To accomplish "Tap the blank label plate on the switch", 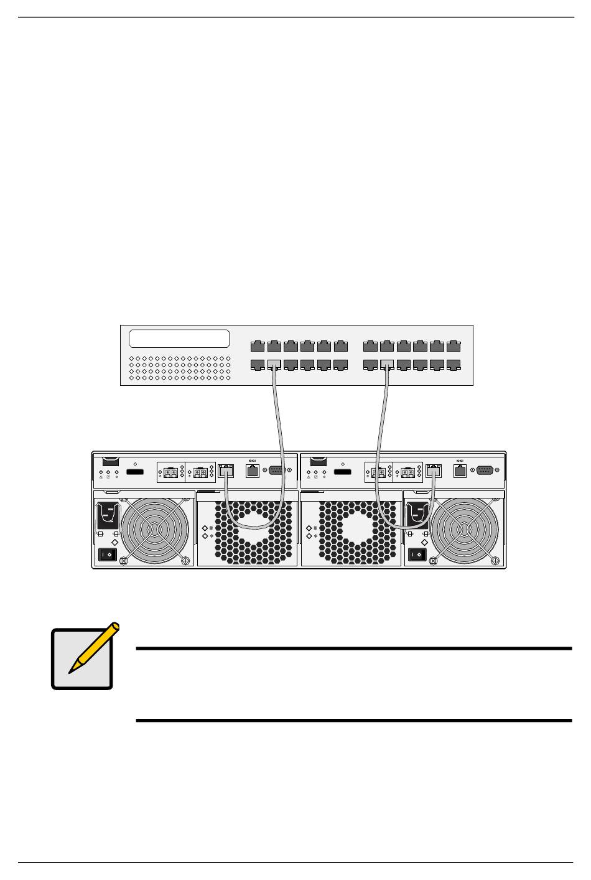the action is [179, 339].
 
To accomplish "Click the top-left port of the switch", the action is [257, 345].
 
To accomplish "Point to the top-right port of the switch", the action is [454, 345].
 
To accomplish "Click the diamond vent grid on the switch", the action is [179, 368].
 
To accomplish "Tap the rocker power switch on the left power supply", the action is [108, 554].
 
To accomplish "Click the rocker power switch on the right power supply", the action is [418, 554].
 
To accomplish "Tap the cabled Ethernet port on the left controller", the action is [226, 471].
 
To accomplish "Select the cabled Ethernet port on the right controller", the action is [434, 471].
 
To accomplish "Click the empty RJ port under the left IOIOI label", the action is [253, 472].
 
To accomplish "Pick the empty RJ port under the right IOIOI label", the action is [460, 472].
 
